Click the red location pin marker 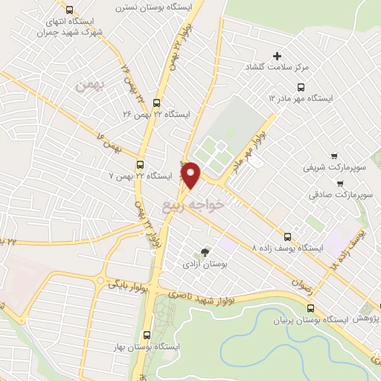[192, 175]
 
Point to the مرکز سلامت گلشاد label [276, 68]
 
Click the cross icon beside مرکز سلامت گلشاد [278, 56]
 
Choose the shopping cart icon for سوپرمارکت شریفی [334, 156]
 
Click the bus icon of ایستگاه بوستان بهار [146, 335]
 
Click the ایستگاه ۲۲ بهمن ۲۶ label [157, 115]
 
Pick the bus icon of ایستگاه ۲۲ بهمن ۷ [141, 164]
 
